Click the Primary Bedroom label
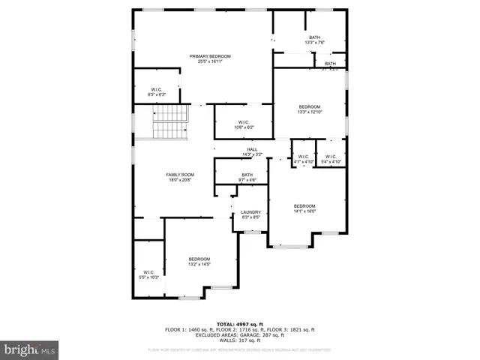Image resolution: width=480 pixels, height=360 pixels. tap(210, 56)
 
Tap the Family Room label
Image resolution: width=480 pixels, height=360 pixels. tap(179, 175)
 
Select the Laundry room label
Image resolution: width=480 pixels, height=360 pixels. tap(250, 212)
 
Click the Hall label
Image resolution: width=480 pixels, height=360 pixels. tap(252, 149)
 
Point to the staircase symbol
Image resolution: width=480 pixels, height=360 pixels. tap(170, 121)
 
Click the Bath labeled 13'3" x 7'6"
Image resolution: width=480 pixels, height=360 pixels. tap(314, 37)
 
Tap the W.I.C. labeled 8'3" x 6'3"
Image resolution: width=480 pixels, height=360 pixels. tap(157, 89)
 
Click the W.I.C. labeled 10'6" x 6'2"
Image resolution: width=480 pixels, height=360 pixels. tap(244, 122)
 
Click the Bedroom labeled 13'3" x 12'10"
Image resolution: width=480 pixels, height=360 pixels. tap(310, 106)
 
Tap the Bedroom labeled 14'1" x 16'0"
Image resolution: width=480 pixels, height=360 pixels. tap(304, 206)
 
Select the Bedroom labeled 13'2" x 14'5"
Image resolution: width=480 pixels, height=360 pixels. tap(199, 259)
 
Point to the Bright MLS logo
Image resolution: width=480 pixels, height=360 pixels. tap(30, 349)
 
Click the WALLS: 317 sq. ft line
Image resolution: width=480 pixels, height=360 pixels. tap(240, 340)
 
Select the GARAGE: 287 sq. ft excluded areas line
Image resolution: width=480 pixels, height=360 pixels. tap(240, 334)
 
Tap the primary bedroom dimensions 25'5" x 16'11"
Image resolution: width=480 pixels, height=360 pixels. tap(210, 61)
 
